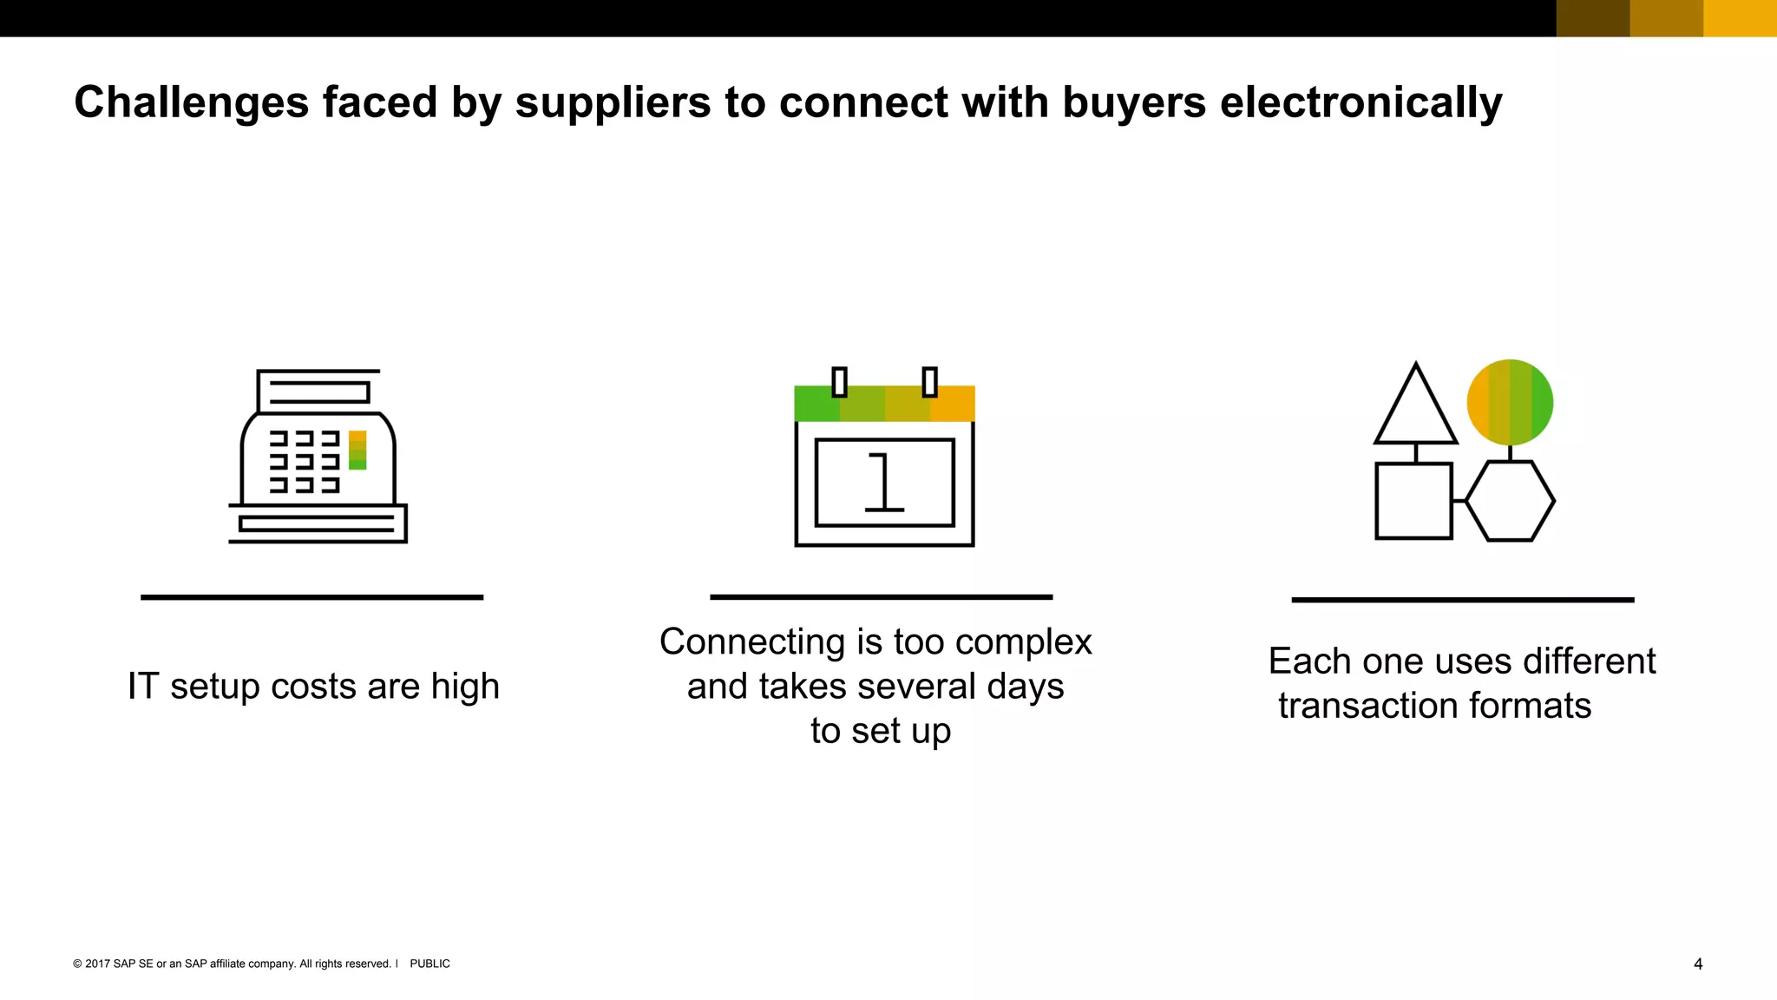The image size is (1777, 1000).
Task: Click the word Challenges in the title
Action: click(192, 102)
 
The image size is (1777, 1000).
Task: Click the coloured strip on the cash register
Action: click(357, 450)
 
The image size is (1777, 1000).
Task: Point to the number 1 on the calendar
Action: click(884, 483)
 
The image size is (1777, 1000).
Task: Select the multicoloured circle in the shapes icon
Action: click(1510, 402)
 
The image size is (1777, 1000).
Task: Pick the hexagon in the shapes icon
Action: click(1510, 501)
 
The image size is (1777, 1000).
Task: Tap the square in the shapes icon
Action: click(1413, 501)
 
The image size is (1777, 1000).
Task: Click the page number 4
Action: click(1698, 964)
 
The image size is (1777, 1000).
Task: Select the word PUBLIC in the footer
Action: click(429, 964)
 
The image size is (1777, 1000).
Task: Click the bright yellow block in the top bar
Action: click(1740, 18)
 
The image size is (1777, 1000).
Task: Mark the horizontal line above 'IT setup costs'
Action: click(311, 597)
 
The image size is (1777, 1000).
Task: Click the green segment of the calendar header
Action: click(816, 405)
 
